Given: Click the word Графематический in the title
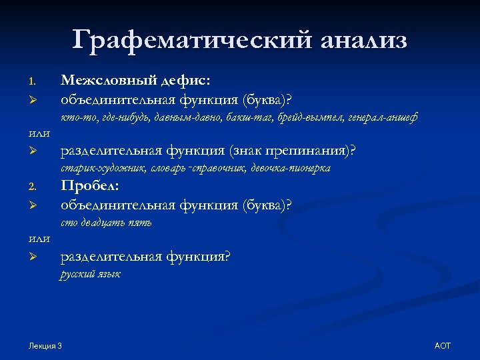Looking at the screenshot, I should [191, 40].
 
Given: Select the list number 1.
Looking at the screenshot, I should [31, 82].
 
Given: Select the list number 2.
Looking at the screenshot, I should [31, 187].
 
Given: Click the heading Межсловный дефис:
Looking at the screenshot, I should [136, 81].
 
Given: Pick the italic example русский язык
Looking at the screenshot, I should [90, 274].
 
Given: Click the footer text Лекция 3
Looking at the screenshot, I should [45, 345].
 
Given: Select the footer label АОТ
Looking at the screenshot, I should [443, 345].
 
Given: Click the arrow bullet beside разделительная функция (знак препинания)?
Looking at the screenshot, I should [31, 152].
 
